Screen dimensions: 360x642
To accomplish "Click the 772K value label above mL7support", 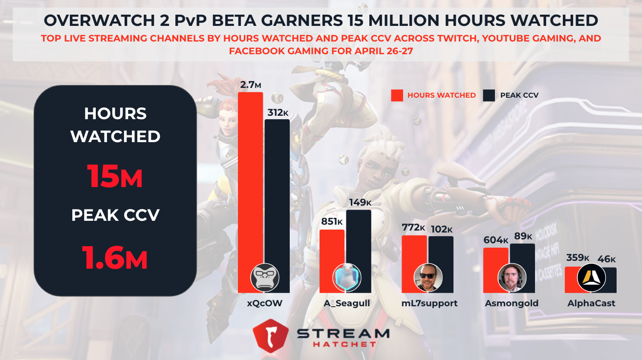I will tap(414, 228).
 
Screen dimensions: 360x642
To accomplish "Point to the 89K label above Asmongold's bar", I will tap(522, 236).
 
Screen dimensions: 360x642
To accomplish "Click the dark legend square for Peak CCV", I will tap(489, 95).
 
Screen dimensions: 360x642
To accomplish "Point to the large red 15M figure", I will tap(115, 176).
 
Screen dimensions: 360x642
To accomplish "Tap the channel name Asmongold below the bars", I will tap(512, 303).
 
